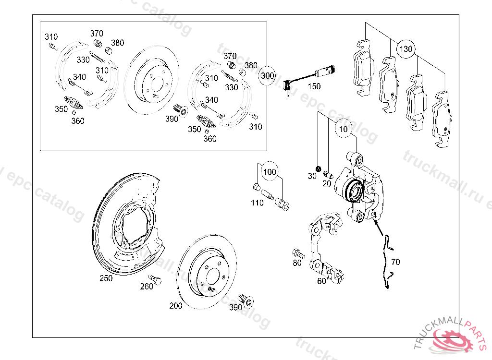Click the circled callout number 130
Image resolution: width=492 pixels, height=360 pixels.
pos(406,49)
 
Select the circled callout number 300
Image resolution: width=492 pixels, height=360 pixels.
pos(268,75)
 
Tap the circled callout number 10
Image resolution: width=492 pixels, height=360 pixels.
pos(343,129)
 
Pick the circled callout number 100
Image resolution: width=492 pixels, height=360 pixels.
pos(270,172)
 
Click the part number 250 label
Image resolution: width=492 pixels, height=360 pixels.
pos(106,278)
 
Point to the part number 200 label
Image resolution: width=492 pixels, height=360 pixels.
pos(176,306)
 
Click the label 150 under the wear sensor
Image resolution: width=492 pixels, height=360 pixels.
pos(314,86)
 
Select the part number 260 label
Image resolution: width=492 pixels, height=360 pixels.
pos(147,287)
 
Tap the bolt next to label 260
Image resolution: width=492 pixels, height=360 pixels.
pos(155,278)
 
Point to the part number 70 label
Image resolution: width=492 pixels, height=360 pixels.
pos(395,262)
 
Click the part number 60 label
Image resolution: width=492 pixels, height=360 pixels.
pos(321,281)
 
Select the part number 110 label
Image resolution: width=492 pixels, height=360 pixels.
pos(257,203)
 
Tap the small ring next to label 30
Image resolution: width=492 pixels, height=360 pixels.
pos(318,168)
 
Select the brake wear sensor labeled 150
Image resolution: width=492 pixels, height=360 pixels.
pos(307,77)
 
